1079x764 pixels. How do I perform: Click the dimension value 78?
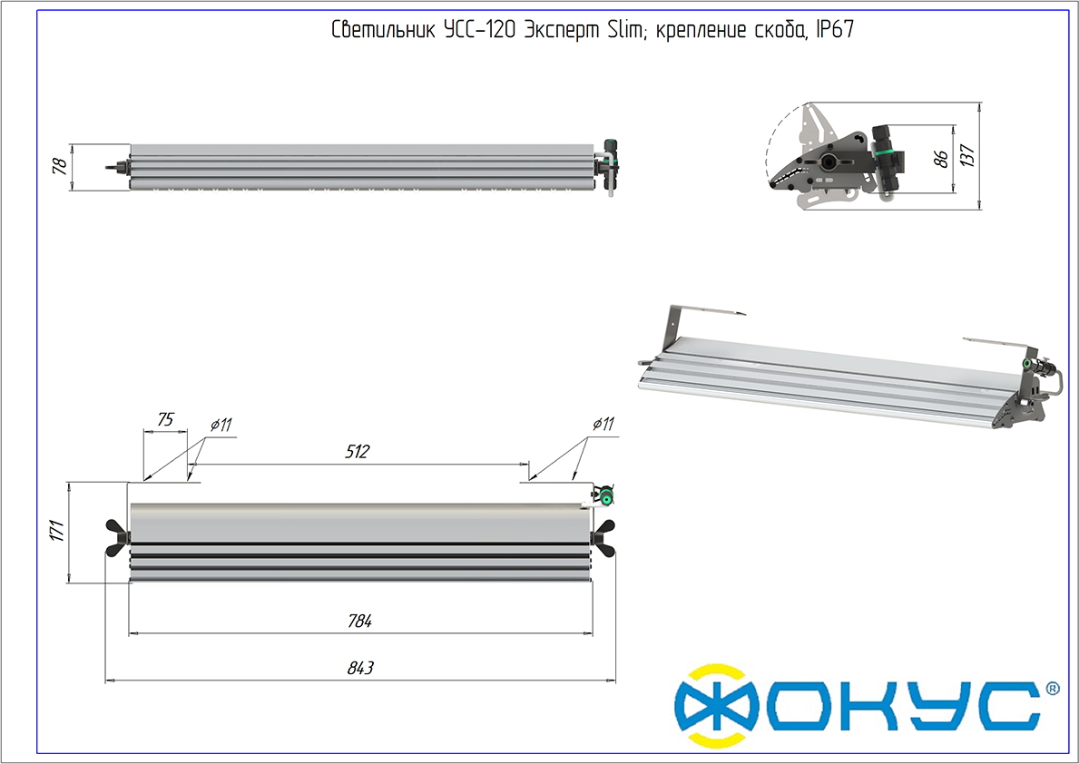(x=60, y=166)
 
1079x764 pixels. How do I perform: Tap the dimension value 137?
(x=967, y=155)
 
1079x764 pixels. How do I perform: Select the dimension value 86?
(x=941, y=159)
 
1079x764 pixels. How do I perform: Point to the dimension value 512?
(x=358, y=452)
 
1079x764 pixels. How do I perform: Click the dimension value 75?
(x=165, y=419)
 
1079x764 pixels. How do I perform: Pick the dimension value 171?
(x=57, y=531)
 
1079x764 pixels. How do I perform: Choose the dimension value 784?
(x=360, y=621)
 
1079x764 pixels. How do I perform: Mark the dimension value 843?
(x=360, y=668)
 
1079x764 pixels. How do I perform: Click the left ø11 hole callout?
(x=221, y=425)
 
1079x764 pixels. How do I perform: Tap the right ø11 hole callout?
(x=603, y=424)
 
